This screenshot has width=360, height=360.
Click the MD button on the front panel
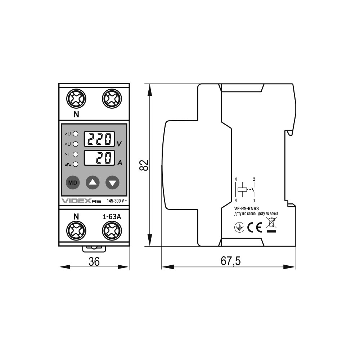tap(73, 183)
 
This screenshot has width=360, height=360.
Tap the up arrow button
tap(93, 183)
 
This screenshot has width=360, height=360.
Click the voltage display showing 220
tap(99, 139)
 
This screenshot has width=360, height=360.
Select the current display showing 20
tap(99, 158)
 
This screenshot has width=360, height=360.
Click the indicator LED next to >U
tap(75, 134)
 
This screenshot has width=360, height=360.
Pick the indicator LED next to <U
tap(75, 144)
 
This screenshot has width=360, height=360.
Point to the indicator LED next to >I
tap(75, 154)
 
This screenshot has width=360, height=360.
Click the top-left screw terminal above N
tap(76, 99)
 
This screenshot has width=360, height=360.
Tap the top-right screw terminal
tap(112, 99)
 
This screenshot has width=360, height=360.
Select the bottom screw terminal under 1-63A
tap(112, 230)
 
